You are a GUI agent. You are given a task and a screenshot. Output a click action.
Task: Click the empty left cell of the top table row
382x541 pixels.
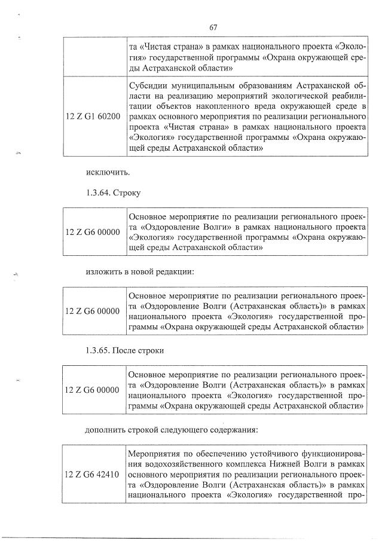94,57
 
